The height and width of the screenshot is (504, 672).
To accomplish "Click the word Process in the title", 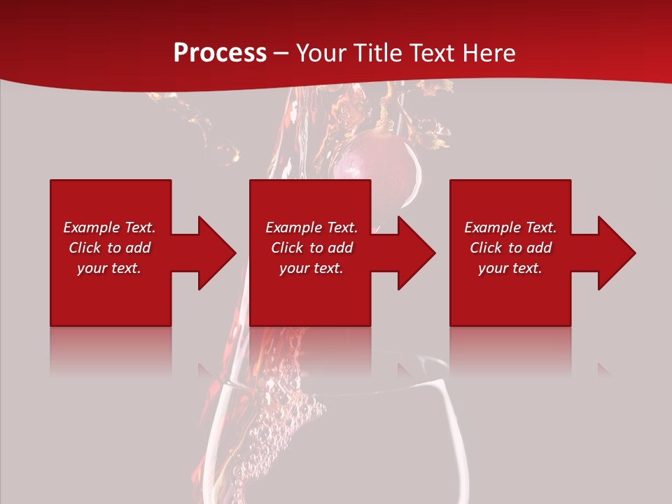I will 220,53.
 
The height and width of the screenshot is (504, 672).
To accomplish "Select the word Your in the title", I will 318,53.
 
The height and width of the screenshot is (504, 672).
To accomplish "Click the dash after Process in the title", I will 281,54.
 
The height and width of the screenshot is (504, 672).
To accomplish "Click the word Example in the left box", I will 92,227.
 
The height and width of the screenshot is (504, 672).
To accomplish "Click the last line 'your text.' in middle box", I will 311,268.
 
